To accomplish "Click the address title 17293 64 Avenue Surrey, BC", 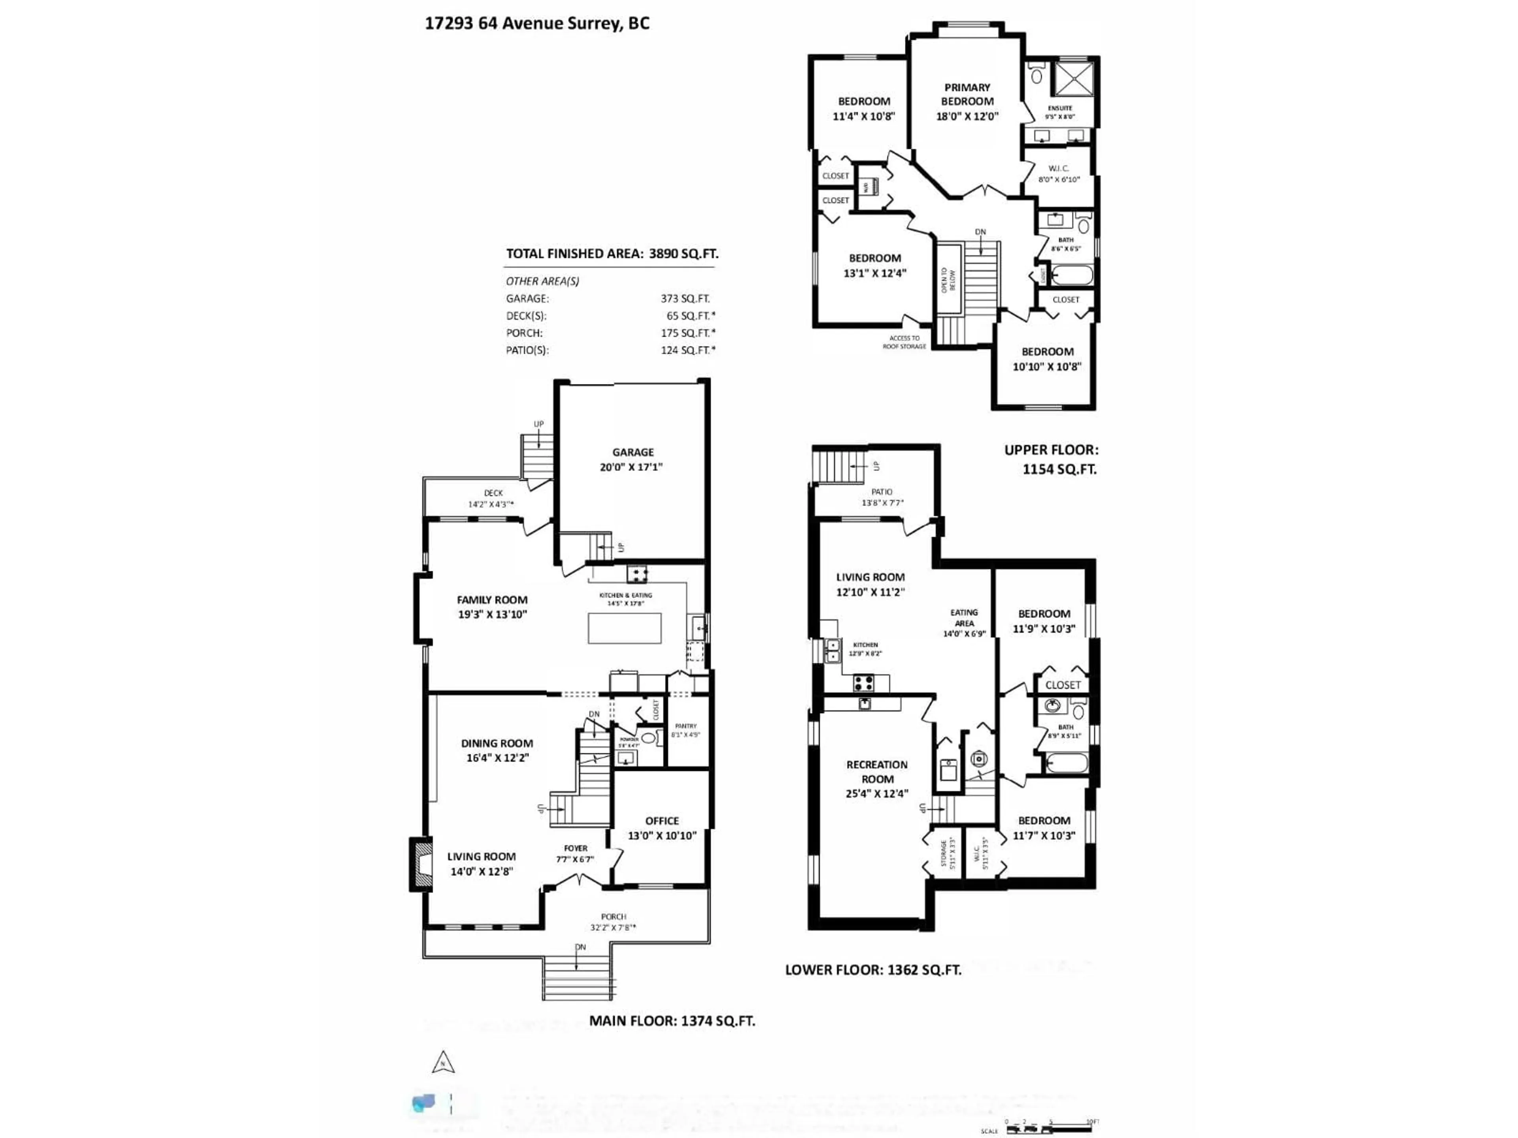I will [537, 23].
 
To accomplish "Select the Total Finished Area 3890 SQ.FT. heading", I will [612, 253].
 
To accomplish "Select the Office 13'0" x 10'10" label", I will [661, 828].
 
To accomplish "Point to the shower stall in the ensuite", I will [1072, 79].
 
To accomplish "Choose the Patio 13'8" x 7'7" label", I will [882, 497].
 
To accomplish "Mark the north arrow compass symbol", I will [443, 1063].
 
